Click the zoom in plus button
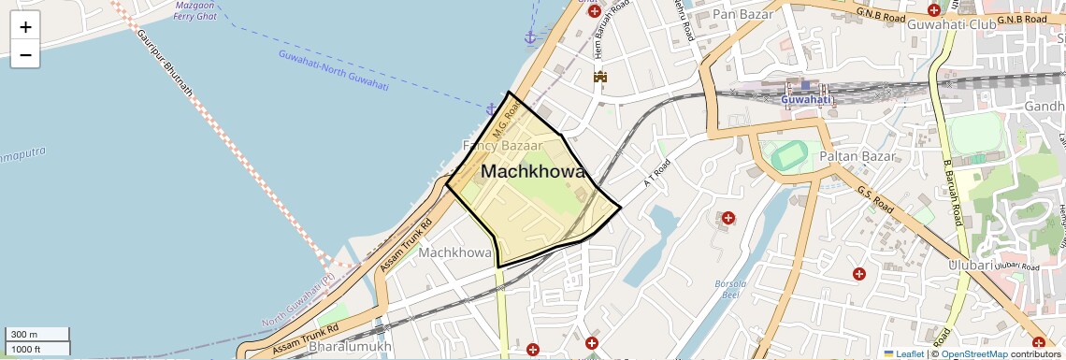[x=25, y=27]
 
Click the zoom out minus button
[x=25, y=55]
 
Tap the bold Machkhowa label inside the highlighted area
[x=532, y=172]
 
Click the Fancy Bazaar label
[x=503, y=146]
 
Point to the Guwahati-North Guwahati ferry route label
[x=333, y=69]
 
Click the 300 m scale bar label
[x=24, y=335]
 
